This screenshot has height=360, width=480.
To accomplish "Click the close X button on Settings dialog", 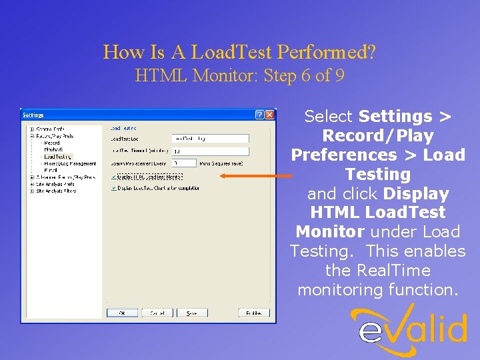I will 269,115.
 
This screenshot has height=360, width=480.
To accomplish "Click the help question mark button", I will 259,115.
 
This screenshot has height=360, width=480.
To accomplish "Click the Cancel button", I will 157,313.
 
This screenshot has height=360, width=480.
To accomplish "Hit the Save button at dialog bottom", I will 191,313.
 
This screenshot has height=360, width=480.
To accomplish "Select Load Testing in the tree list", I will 58,157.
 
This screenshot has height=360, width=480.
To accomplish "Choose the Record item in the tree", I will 52,143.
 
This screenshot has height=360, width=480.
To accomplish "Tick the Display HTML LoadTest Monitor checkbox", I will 114,177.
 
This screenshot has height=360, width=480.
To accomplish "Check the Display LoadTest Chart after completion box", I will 114,188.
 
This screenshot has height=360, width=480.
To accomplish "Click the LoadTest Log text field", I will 210,139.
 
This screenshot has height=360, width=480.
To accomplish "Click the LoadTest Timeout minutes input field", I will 210,151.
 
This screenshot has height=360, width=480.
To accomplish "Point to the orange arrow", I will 256,176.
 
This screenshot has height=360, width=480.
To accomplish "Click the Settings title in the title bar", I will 33,115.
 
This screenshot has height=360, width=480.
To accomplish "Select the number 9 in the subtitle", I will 340,75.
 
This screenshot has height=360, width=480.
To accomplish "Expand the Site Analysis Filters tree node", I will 31,191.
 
